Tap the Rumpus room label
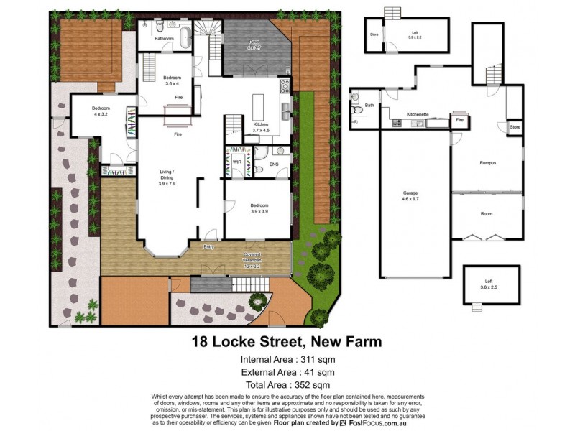click(489, 163)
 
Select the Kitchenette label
click(418, 114)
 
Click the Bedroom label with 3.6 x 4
click(172, 80)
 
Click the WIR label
click(236, 163)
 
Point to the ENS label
click(273, 164)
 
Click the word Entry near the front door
click(209, 247)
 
